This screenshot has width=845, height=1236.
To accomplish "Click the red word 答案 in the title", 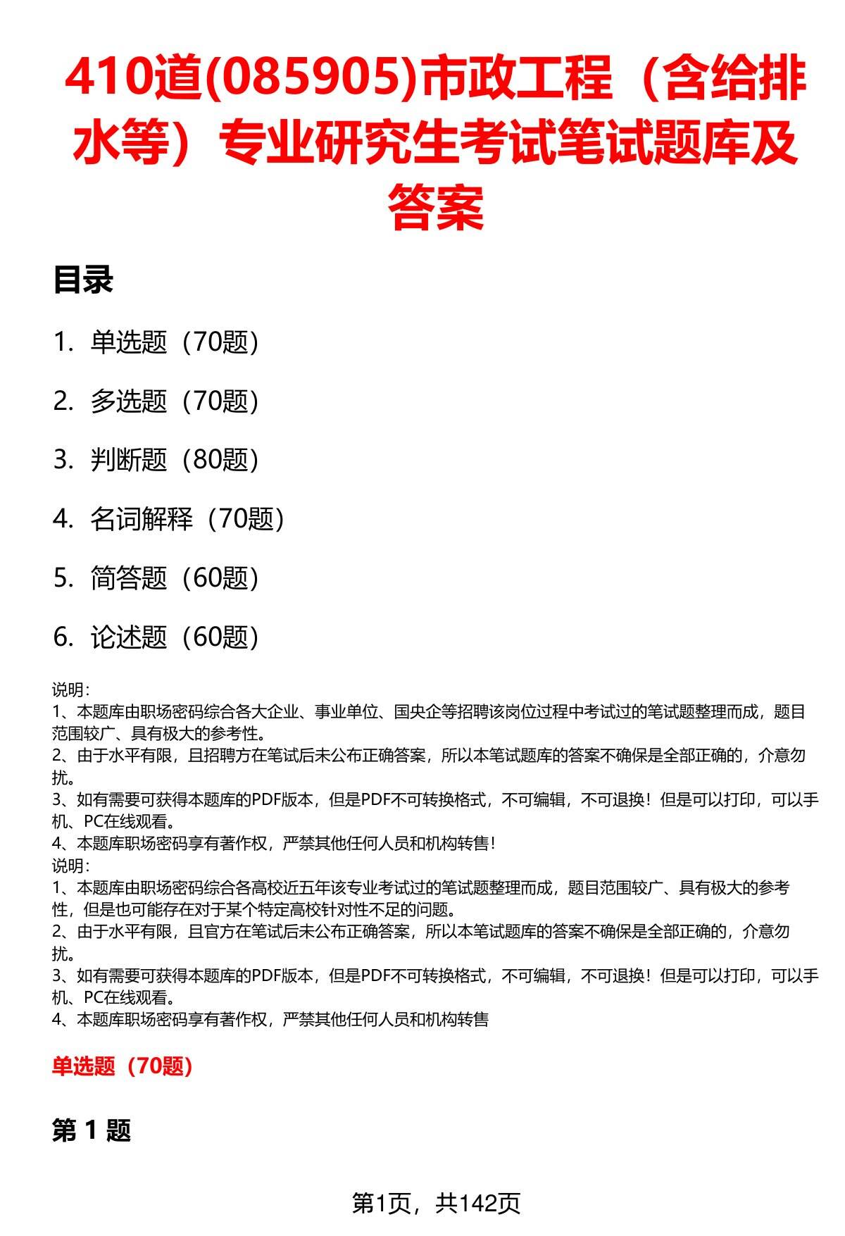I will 436,207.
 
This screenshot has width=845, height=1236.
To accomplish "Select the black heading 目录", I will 83,280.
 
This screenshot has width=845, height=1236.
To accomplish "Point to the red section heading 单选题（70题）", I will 123,1066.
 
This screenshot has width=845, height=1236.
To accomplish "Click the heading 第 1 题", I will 92,1131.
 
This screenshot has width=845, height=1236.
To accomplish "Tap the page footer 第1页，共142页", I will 436,1203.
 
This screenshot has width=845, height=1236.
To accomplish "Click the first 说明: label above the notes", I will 70,689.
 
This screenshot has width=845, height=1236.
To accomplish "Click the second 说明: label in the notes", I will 70,866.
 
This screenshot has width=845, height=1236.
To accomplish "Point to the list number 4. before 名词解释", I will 63,519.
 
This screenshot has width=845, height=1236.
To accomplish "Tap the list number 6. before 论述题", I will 63,637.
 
